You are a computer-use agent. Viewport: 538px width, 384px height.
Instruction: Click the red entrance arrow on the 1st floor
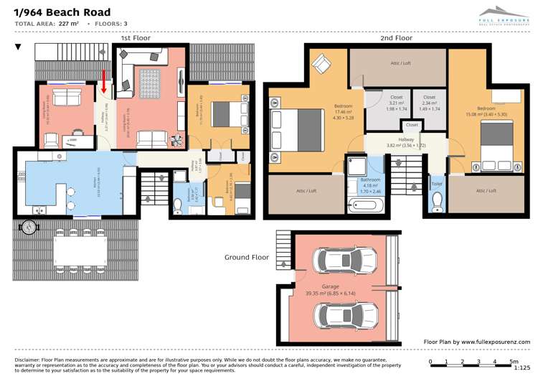coord(104,81)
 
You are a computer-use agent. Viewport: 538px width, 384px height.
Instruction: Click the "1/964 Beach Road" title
coord(62,12)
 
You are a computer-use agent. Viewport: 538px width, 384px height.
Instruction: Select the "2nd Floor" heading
coord(396,37)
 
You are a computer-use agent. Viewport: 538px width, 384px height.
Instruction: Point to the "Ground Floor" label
coord(246,257)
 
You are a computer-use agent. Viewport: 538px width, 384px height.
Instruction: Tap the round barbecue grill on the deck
coord(29,228)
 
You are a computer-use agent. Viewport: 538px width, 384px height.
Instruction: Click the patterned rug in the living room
coord(151,83)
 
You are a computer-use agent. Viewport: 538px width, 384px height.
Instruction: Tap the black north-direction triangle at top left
coord(19,47)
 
